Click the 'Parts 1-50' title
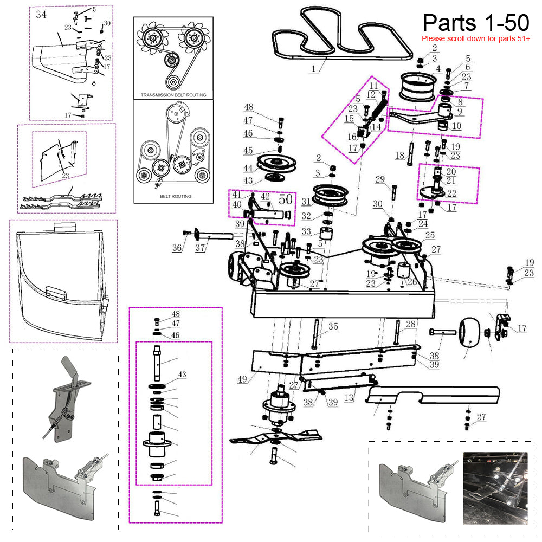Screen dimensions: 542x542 pos(476,23)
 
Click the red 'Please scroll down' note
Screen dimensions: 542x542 pos(476,38)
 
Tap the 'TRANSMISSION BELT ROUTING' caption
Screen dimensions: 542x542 pos(173,95)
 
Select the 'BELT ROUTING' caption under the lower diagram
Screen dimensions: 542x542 pos(176,196)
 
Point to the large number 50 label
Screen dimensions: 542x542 pos(286,199)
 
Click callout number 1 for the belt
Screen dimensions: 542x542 pos(314,68)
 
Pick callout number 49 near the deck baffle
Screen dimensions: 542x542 pos(242,379)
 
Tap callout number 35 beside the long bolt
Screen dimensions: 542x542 pos(333,326)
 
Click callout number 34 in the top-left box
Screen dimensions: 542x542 pos(41,15)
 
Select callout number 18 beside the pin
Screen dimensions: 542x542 pos(399,156)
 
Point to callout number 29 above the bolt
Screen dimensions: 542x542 pos(380,179)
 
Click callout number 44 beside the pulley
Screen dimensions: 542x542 pos(248,169)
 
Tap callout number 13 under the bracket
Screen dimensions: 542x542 pos(349,397)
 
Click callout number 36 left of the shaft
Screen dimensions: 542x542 pos(177,248)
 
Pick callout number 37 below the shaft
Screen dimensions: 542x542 pos(200,248)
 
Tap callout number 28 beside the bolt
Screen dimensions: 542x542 pos(411,324)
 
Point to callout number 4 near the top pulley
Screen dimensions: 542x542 pos(438,68)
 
